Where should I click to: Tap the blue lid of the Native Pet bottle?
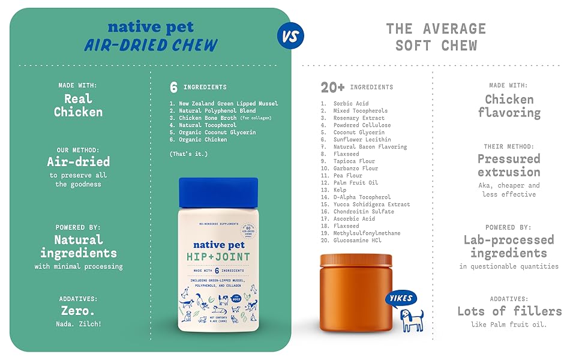pyautogui.click(x=218, y=193)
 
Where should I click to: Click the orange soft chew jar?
pyautogui.click(x=355, y=292)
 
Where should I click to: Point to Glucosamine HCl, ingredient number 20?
pyautogui.click(x=358, y=241)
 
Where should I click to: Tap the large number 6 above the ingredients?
pyautogui.click(x=173, y=88)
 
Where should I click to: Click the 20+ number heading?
pyautogui.click(x=332, y=88)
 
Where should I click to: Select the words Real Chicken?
pyautogui.click(x=79, y=105)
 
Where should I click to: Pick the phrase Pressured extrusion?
pyautogui.click(x=509, y=165)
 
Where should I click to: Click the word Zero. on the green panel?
pyautogui.click(x=79, y=311)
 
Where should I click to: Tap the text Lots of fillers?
pyautogui.click(x=509, y=311)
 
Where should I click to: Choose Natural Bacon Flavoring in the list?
pyautogui.click(x=370, y=147)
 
